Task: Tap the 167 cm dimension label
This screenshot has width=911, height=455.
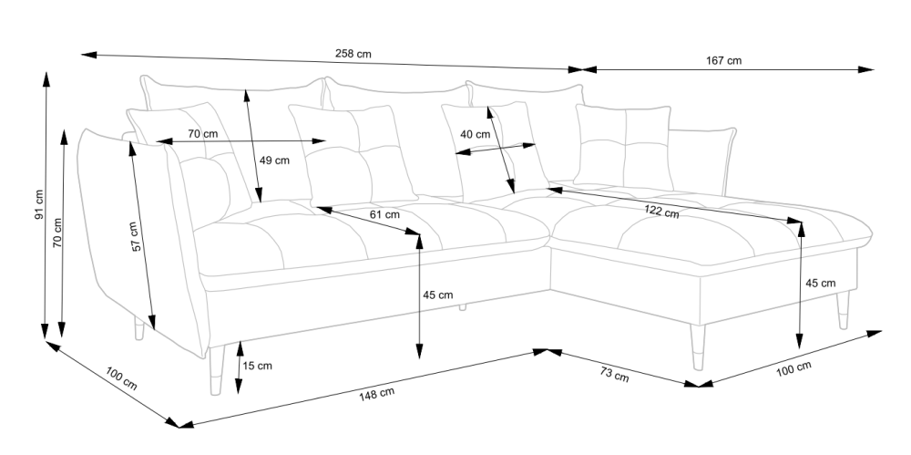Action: tap(724, 61)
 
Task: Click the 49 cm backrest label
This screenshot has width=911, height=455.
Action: tap(274, 160)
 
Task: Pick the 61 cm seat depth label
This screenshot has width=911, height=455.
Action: tap(385, 215)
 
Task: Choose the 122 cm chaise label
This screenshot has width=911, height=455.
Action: tap(662, 213)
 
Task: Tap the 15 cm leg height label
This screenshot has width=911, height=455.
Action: tap(258, 367)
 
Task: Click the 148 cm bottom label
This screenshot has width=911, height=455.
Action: tap(376, 394)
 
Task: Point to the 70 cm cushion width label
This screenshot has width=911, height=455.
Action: tap(202, 134)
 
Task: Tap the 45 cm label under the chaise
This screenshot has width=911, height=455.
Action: tap(821, 284)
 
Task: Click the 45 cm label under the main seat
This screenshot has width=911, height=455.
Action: tap(438, 295)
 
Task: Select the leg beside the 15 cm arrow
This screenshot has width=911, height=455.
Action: tap(217, 369)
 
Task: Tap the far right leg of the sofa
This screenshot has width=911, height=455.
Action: tap(841, 310)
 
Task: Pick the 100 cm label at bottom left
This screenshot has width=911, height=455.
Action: tap(120, 378)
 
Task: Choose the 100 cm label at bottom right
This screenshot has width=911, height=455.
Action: tap(793, 368)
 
